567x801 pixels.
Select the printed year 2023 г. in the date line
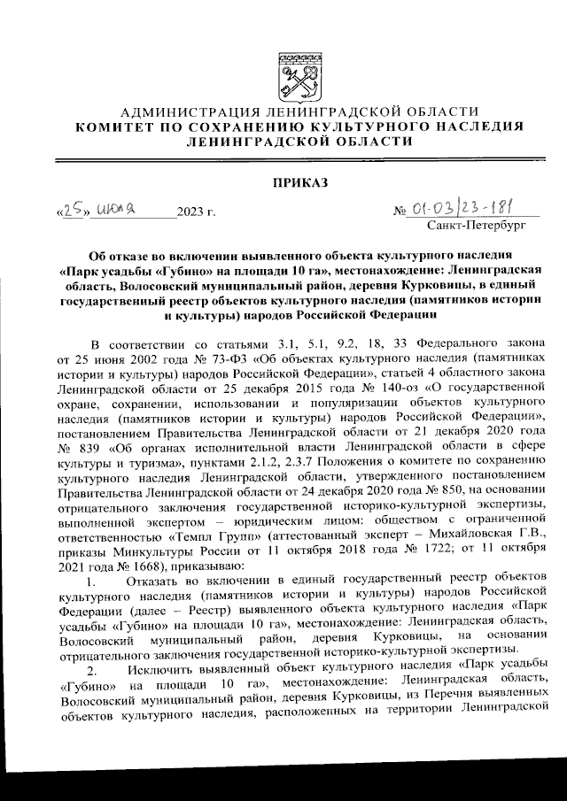[x=196, y=212]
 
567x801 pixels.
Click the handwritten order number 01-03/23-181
[x=468, y=209]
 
